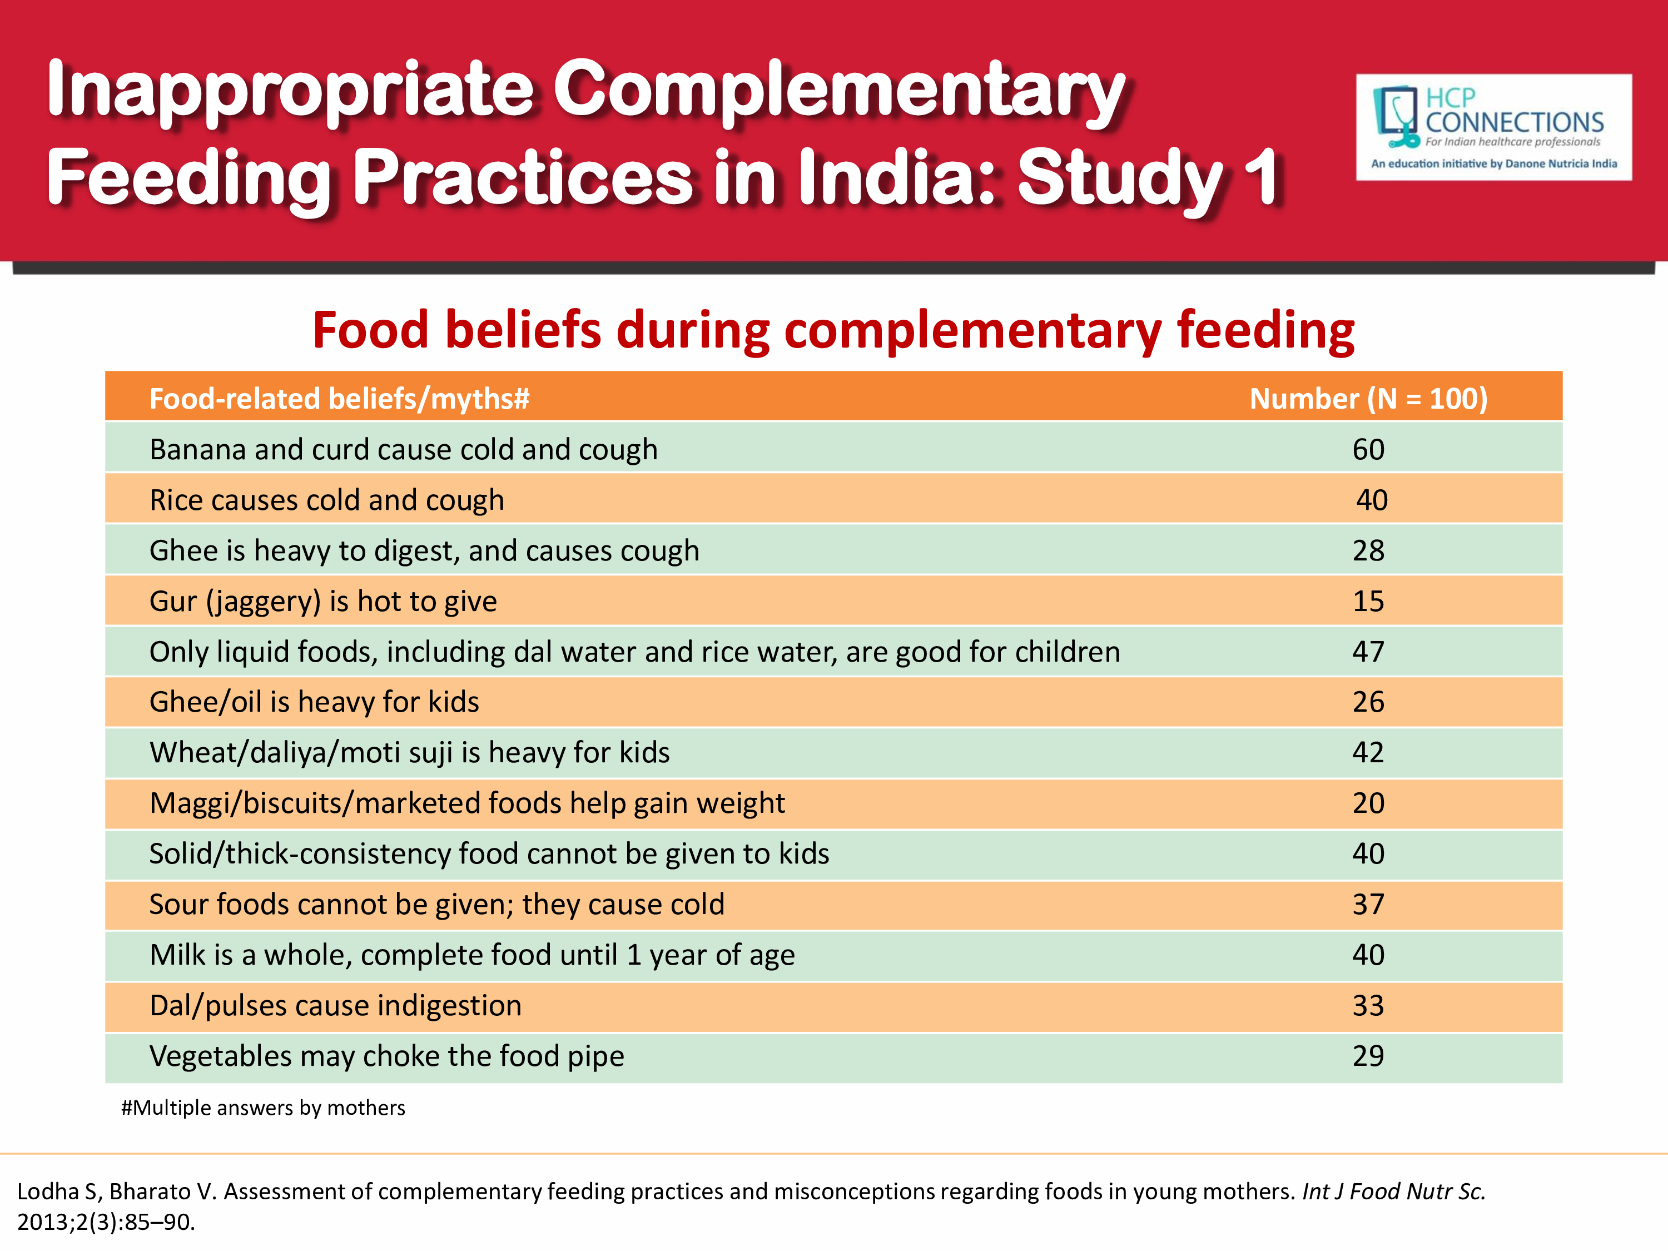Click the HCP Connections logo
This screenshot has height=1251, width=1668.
point(1493,127)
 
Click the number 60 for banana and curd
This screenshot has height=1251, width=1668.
point(1368,449)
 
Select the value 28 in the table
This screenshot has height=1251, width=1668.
point(1368,550)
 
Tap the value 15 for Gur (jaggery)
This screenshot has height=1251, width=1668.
point(1368,601)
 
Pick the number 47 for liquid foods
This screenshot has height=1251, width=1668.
point(1368,652)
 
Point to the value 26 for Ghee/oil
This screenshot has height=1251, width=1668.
point(1368,702)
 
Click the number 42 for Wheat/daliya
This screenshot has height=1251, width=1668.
point(1368,753)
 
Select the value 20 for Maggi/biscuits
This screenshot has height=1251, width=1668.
point(1368,803)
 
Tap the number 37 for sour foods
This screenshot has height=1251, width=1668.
point(1368,904)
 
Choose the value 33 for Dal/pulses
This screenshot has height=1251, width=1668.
point(1368,1005)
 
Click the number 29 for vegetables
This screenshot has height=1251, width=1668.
point(1368,1056)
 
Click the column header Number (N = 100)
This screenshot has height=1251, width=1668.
point(1368,398)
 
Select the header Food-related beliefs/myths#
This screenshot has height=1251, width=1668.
point(339,398)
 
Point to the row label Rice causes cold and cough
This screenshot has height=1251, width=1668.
point(326,500)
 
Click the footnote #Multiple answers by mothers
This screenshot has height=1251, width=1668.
point(263,1108)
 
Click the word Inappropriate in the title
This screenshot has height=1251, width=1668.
point(290,91)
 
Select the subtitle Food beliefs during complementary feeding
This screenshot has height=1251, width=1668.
point(833,330)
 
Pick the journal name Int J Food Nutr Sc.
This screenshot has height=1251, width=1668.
point(1393,1192)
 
